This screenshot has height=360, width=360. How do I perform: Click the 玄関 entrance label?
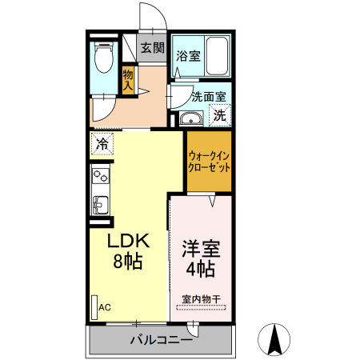(x=152, y=48)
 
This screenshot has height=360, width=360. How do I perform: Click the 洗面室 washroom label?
(x=209, y=97)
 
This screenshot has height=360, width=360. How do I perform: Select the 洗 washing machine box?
(x=219, y=115)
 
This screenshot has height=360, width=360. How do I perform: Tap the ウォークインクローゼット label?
(x=209, y=162)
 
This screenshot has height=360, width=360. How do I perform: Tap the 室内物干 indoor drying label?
(x=201, y=299)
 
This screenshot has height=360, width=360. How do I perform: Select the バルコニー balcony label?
(x=161, y=340)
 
